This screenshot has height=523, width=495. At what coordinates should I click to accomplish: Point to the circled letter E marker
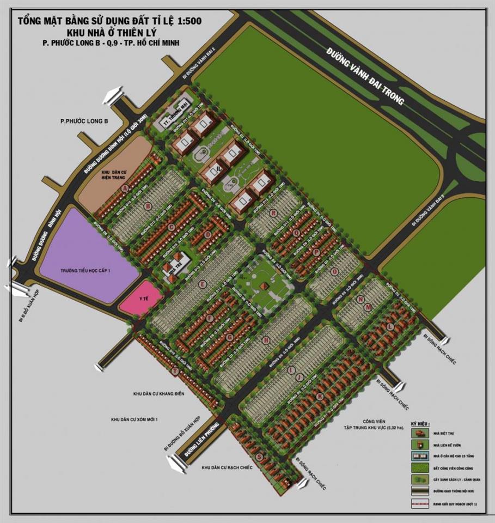(x=202, y=284)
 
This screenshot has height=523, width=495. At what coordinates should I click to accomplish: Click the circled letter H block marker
(x=266, y=340)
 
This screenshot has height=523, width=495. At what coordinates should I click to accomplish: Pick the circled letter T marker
(x=174, y=371)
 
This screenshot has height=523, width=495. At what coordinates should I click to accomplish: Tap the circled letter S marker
(x=259, y=457)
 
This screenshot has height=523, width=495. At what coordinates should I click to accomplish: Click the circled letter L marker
(x=390, y=326)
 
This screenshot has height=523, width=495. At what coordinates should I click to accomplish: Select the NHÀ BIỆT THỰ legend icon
(x=419, y=433)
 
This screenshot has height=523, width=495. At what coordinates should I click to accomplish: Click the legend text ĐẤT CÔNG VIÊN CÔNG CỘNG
(x=452, y=467)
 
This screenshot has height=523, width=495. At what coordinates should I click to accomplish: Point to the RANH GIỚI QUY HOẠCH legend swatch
(x=419, y=503)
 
